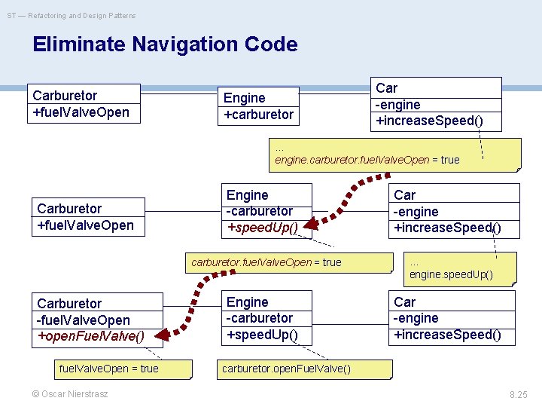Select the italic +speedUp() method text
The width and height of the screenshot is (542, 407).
263,227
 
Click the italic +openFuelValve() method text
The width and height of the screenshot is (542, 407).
90,336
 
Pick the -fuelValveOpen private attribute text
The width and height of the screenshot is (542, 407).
83,320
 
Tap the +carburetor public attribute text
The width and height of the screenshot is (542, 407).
258,115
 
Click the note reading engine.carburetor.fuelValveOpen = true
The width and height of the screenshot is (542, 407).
367,160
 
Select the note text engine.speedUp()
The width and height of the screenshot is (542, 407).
451,274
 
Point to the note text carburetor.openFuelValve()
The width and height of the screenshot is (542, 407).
274,369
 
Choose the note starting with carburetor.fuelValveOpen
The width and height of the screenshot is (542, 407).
266,262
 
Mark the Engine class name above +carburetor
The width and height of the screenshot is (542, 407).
244,98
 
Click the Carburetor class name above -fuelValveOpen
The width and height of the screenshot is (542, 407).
69,303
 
